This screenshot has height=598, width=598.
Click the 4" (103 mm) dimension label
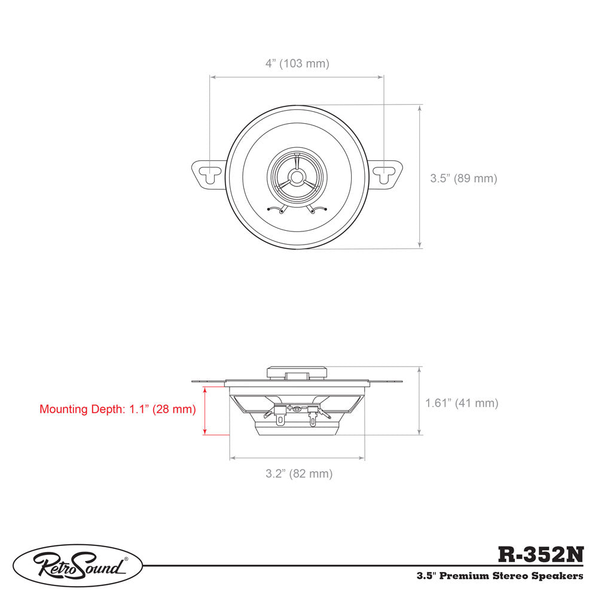coord(297,63)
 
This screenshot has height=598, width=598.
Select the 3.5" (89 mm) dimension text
coord(463,178)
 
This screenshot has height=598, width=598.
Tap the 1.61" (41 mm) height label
coord(462,403)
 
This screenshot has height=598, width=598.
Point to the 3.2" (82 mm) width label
coord(299,474)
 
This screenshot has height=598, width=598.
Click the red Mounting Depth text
coord(118,410)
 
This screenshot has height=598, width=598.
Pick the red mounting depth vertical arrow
coord(205,411)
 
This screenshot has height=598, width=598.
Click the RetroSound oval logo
coord(78,565)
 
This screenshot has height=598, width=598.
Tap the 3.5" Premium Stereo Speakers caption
coord(500,576)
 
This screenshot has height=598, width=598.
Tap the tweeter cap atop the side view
coord(297,372)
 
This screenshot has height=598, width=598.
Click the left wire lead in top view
coord(276,209)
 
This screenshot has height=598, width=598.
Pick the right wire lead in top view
coord(318,209)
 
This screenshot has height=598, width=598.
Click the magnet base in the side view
coord(297,429)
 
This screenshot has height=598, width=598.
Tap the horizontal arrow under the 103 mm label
coord(297,77)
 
